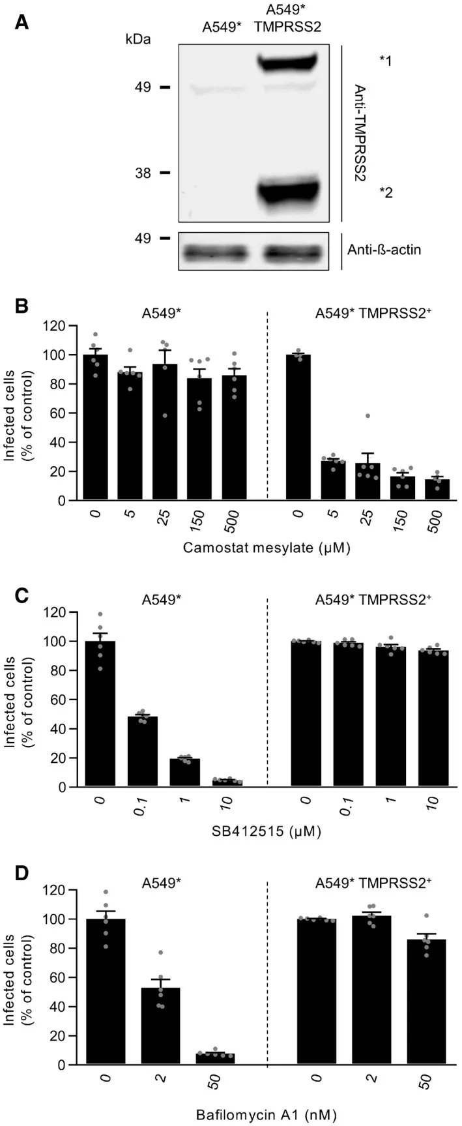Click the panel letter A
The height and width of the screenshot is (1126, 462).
(22, 23)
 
